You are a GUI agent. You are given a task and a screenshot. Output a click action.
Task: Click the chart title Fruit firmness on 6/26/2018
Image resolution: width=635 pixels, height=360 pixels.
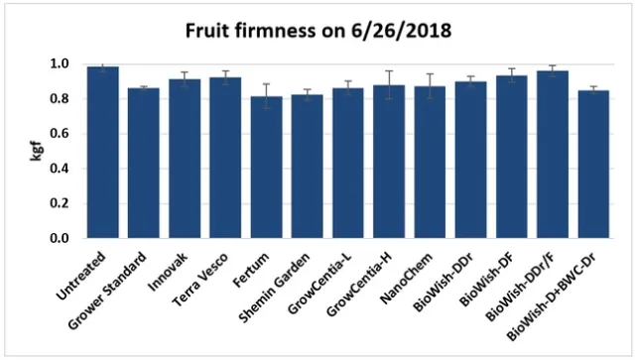pyautogui.click(x=317, y=31)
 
